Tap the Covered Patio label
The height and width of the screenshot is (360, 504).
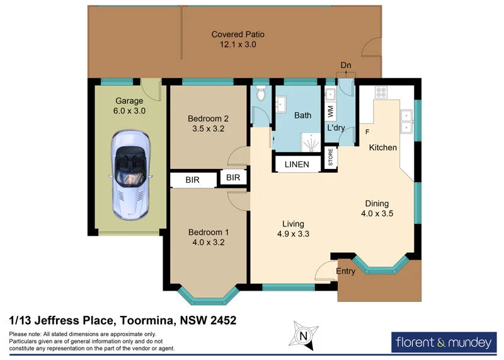(x=238, y=35)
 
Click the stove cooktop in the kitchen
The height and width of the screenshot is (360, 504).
(x=382, y=92)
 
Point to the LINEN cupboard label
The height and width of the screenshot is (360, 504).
(x=297, y=165)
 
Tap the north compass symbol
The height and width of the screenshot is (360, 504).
(x=304, y=335)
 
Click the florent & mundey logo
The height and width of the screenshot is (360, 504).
(x=444, y=343)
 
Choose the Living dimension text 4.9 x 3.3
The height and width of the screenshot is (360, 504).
(x=293, y=234)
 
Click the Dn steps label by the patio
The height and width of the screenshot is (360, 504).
(x=345, y=66)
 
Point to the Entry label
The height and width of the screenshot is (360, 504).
(x=346, y=272)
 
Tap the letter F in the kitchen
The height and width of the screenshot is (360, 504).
(x=367, y=132)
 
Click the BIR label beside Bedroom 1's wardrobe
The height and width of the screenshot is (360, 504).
(x=193, y=180)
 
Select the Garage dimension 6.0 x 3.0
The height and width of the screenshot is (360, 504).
(x=129, y=111)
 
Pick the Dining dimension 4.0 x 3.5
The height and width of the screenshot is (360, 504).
(x=377, y=214)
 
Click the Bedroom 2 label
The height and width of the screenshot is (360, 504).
(x=208, y=119)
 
